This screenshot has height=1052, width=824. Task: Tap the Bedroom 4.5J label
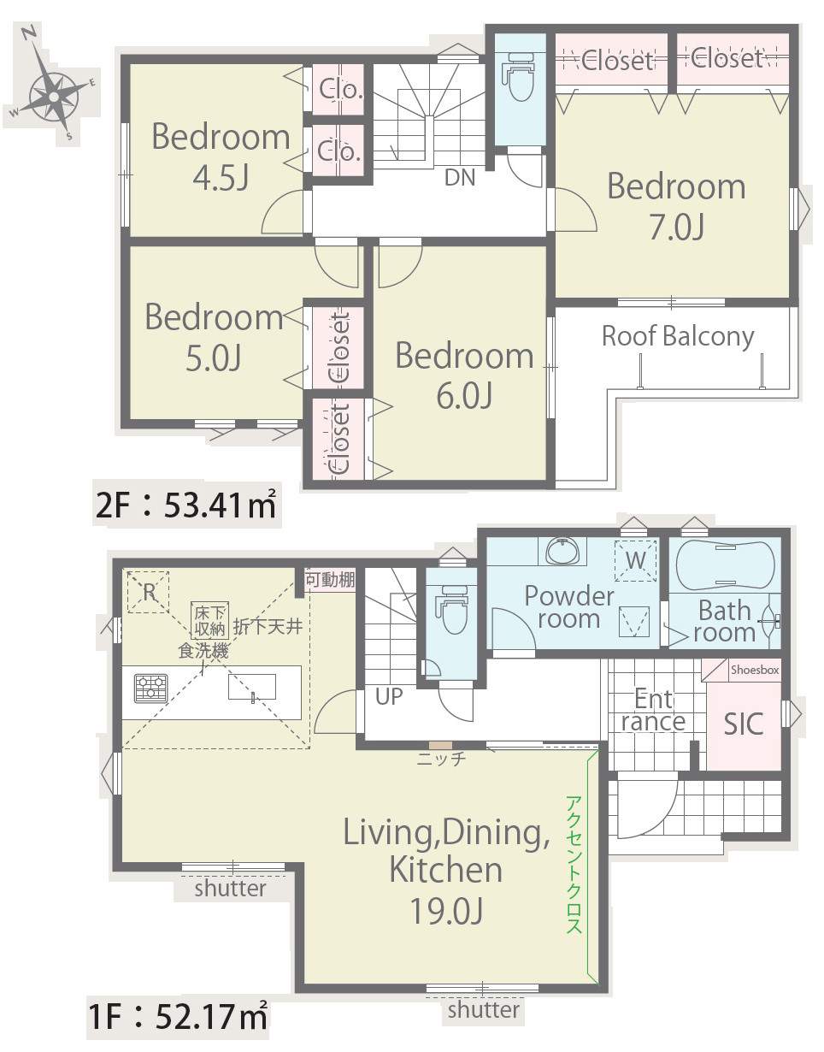click(221, 156)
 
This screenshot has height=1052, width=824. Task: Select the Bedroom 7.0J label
click(676, 206)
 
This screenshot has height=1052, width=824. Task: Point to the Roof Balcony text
click(678, 337)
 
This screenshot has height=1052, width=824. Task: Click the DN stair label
click(460, 178)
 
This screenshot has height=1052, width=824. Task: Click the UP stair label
click(389, 697)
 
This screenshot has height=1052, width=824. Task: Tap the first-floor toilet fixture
click(453, 609)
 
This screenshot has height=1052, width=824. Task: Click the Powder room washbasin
click(562, 551)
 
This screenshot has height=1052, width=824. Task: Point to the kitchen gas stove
click(151, 688)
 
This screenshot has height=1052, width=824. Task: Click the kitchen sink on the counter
click(251, 687)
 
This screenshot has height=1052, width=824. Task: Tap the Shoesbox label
click(755, 670)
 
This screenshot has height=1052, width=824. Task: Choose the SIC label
click(743, 724)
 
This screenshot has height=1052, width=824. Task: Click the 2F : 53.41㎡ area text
click(186, 505)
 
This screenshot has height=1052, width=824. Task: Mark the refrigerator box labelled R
click(149, 592)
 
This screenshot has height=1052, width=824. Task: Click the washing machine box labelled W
click(635, 560)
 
